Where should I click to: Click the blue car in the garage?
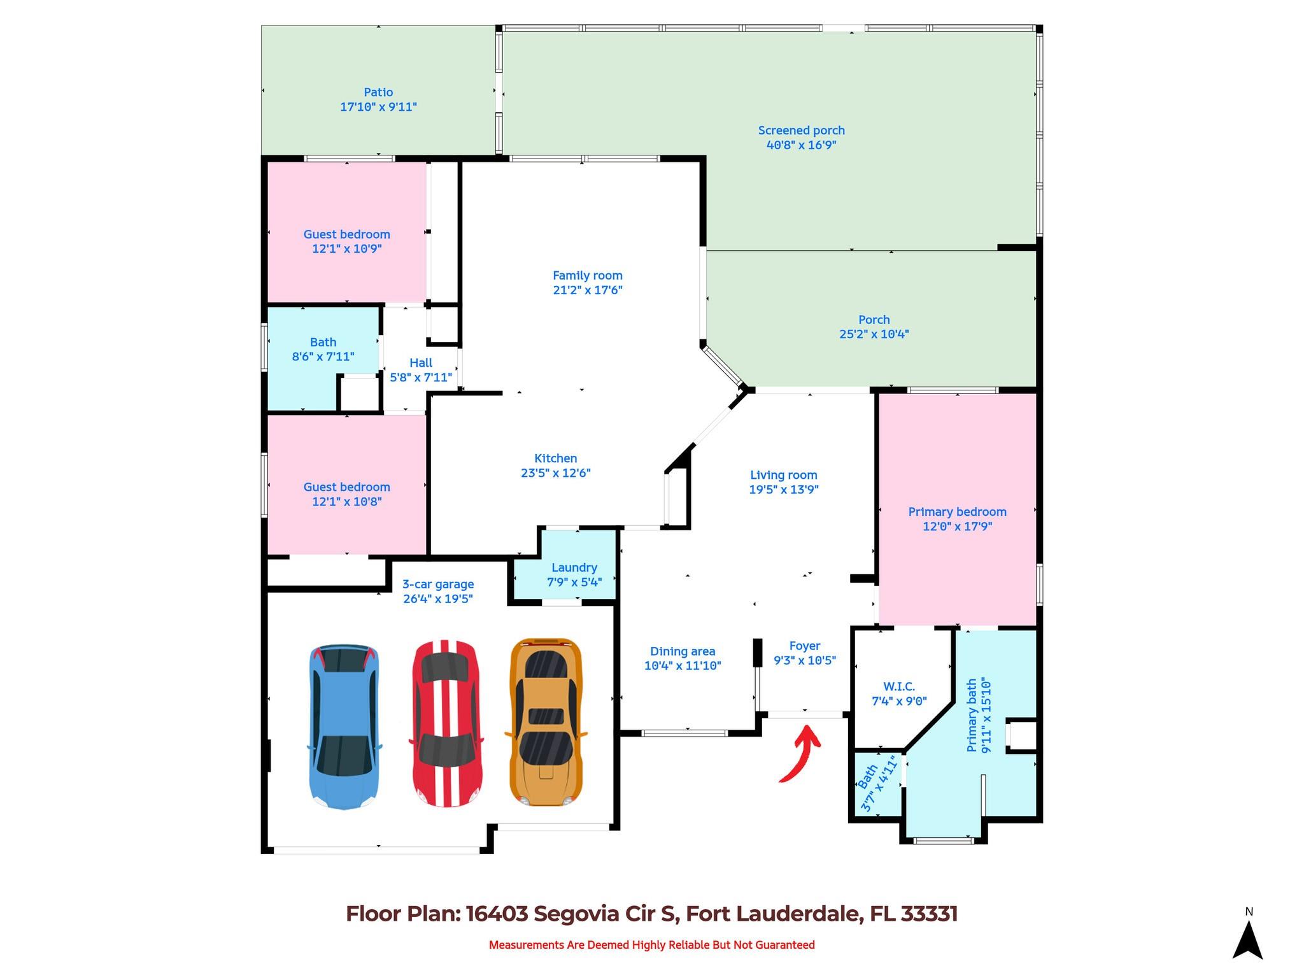click(344, 726)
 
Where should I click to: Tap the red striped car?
click(446, 723)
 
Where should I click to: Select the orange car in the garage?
click(546, 722)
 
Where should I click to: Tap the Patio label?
click(378, 92)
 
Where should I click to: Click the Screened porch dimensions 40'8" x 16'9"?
click(801, 145)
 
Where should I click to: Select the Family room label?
click(587, 276)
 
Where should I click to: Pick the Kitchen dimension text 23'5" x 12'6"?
click(555, 473)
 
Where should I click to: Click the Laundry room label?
click(574, 567)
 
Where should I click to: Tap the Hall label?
click(421, 363)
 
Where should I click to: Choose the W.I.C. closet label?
click(898, 686)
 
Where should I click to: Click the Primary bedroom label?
click(957, 512)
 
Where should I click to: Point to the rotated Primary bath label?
click(972, 716)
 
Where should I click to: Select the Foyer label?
click(804, 646)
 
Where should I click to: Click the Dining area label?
click(683, 651)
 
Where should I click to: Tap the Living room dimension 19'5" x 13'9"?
click(783, 490)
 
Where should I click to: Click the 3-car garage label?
click(438, 585)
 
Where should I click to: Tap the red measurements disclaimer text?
click(651, 945)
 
